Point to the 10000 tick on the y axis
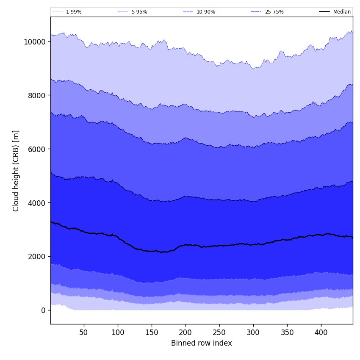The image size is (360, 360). pos(35,42)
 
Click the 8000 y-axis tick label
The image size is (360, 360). pos(36,95)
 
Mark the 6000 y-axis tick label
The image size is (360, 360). pos(36,149)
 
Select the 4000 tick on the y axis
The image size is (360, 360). pos(36,203)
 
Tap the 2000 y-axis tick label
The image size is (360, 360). pos(36,257)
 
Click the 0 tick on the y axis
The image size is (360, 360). pos(43,310)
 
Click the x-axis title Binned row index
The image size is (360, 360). pos(202,343)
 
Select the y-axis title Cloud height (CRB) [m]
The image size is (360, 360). pos(16,171)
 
